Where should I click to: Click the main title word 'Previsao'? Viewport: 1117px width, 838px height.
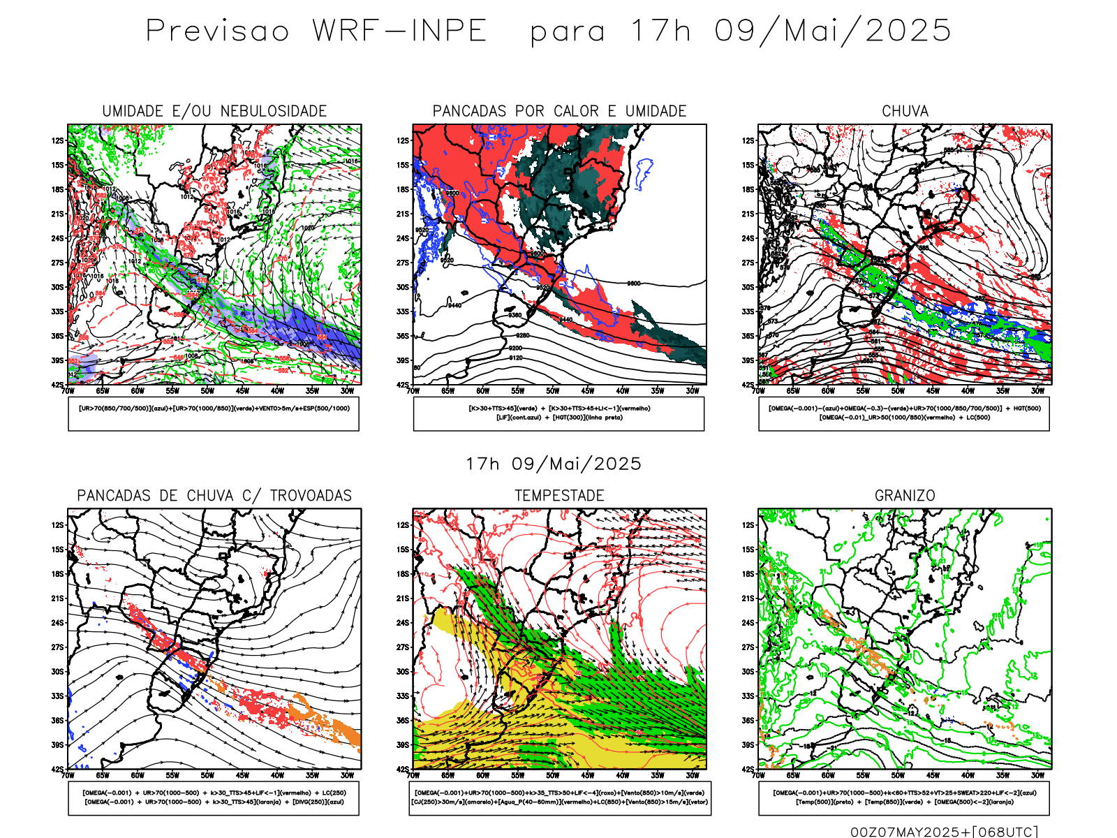pyautogui.click(x=217, y=31)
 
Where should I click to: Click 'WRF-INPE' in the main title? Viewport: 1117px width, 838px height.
pyautogui.click(x=399, y=31)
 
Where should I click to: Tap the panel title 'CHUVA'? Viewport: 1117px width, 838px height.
pyautogui.click(x=905, y=111)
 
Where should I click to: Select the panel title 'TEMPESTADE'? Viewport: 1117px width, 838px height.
pyautogui.click(x=559, y=496)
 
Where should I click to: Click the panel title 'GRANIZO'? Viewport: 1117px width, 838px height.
pyautogui.click(x=905, y=496)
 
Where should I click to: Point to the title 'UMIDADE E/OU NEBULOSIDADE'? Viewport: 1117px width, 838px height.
pyautogui.click(x=214, y=111)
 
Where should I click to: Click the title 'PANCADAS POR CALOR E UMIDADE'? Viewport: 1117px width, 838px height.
pyautogui.click(x=559, y=111)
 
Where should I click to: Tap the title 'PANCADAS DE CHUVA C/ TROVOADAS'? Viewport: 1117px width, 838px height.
pyautogui.click(x=214, y=496)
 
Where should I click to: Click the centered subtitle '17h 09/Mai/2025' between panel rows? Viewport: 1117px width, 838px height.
pyautogui.click(x=554, y=464)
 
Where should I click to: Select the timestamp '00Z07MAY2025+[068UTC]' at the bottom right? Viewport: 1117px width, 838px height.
pyautogui.click(x=944, y=832)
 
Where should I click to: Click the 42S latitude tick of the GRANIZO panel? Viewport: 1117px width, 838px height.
pyautogui.click(x=748, y=770)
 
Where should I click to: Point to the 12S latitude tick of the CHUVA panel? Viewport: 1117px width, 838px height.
pyautogui.click(x=748, y=140)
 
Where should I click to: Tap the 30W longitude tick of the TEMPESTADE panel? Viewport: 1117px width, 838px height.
pyautogui.click(x=693, y=775)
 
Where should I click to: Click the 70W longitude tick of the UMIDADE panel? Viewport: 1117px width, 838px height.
pyautogui.click(x=68, y=391)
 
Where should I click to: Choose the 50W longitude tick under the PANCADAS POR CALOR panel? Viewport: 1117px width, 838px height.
pyautogui.click(x=553, y=391)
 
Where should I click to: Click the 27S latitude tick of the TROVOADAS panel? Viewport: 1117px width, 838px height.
pyautogui.click(x=57, y=647)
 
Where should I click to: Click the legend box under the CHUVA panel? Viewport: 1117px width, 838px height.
pyautogui.click(x=904, y=413)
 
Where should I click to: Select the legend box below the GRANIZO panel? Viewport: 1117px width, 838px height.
pyautogui.click(x=904, y=797)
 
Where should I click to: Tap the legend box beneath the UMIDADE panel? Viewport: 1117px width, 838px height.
pyautogui.click(x=214, y=413)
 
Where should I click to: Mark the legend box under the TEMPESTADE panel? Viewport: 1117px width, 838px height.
pyautogui.click(x=559, y=797)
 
